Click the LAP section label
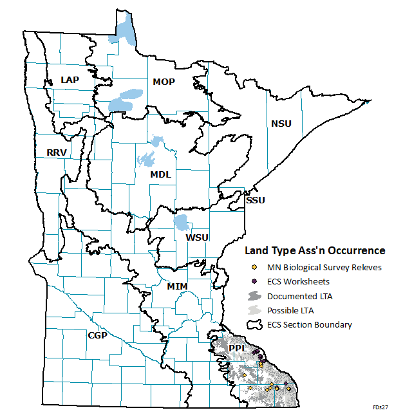[x=69, y=79]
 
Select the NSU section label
[x=281, y=124]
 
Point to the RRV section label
[x=57, y=153]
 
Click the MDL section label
[x=162, y=174]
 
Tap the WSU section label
[x=197, y=237]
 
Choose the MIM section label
[x=176, y=285]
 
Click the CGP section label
[x=98, y=335]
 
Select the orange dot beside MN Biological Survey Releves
[x=254, y=267]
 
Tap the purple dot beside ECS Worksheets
[x=254, y=281]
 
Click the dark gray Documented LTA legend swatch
[x=254, y=296]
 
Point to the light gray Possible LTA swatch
[x=254, y=310]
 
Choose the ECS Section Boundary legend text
[x=310, y=324]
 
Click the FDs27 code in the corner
[x=380, y=408]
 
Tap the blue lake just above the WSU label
[x=182, y=223]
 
